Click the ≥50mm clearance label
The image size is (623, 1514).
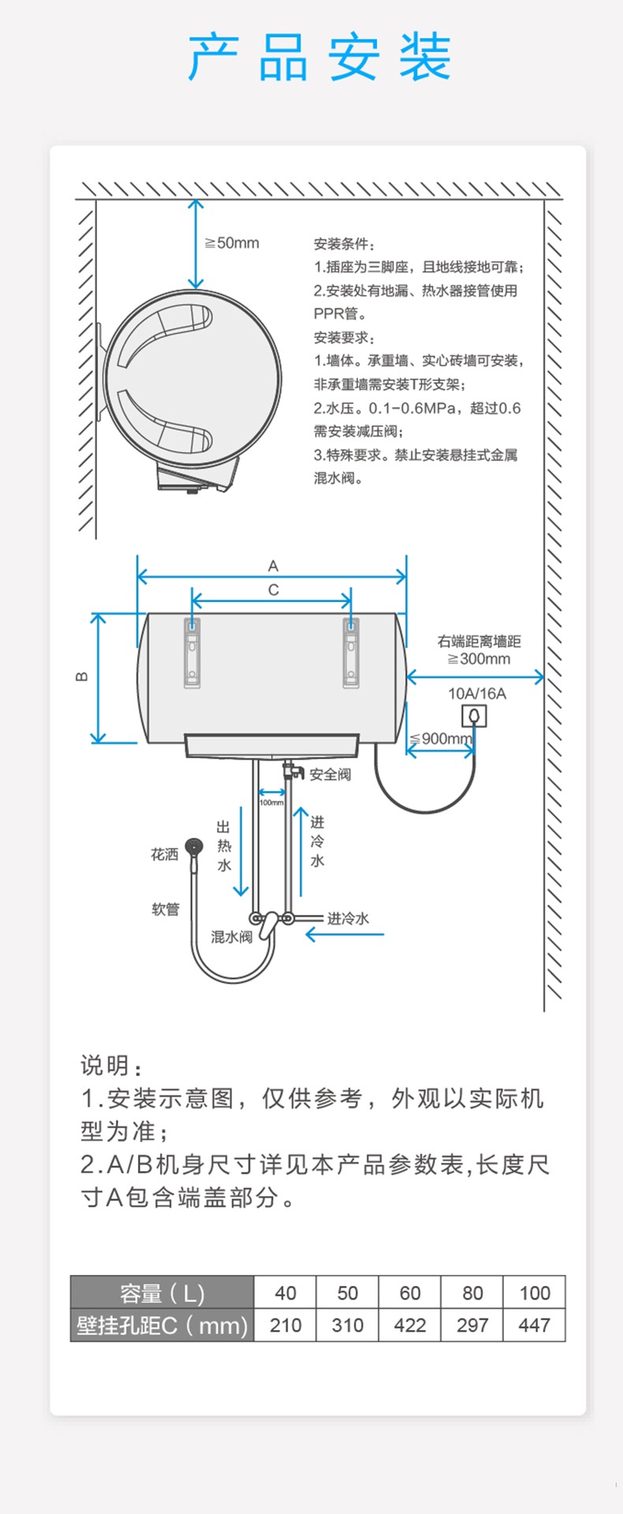pyautogui.click(x=233, y=243)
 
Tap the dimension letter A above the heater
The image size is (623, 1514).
pyautogui.click(x=273, y=566)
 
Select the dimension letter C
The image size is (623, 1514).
pyautogui.click(x=273, y=589)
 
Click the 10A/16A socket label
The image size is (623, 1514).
pyautogui.click(x=476, y=693)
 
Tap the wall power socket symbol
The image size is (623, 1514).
pyautogui.click(x=474, y=716)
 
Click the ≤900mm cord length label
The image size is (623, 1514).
pyautogui.click(x=441, y=738)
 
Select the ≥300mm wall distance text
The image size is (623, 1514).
pyautogui.click(x=479, y=659)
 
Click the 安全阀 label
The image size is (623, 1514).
pyautogui.click(x=330, y=775)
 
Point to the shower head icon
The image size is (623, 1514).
pyautogui.click(x=193, y=848)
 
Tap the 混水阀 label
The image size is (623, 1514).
pyautogui.click(x=231, y=936)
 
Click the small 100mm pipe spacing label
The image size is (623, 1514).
pyautogui.click(x=271, y=802)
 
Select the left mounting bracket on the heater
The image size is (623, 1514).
pyautogui.click(x=192, y=652)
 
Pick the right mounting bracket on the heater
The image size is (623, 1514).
pyautogui.click(x=351, y=652)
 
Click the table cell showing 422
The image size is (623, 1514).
pyautogui.click(x=409, y=1325)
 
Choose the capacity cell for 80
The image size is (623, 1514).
pyautogui.click(x=472, y=1293)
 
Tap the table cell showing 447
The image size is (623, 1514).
pyautogui.click(x=534, y=1325)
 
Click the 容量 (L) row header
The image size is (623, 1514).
pyautogui.click(x=162, y=1293)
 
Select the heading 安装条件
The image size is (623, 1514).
pyautogui.click(x=345, y=244)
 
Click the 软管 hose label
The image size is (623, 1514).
pyautogui.click(x=166, y=909)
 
